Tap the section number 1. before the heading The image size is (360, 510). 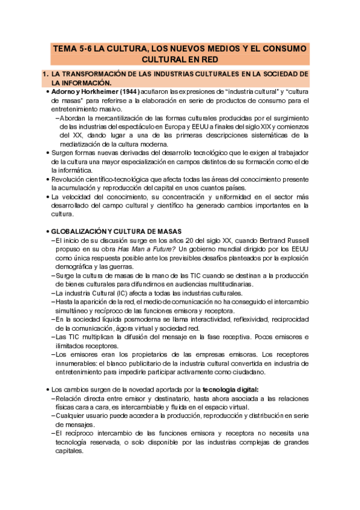[45, 74]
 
